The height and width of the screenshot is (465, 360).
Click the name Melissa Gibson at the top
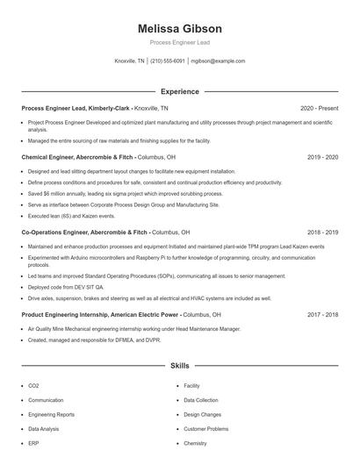tap(179, 29)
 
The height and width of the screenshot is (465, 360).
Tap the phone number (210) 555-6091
tap(168, 61)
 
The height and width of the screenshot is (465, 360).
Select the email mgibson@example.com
tap(218, 61)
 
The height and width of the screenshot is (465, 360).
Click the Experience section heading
tap(179, 91)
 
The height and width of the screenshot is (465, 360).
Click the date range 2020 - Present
tap(320, 108)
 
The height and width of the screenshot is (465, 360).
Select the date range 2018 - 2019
tap(323, 232)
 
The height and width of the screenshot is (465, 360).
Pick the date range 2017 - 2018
tap(323, 313)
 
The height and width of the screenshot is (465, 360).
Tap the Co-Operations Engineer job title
tap(85, 232)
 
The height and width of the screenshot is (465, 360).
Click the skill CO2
tap(33, 385)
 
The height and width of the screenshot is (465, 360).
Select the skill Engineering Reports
tap(51, 414)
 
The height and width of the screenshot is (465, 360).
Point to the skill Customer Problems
tap(205, 429)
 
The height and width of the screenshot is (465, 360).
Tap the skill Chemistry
tap(195, 444)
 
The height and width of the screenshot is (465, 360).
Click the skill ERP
tap(33, 444)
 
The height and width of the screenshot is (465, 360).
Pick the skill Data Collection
tap(201, 399)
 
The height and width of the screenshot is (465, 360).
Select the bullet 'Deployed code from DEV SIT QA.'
tap(66, 287)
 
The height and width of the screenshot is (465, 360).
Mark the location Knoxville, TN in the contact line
tap(130, 61)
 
